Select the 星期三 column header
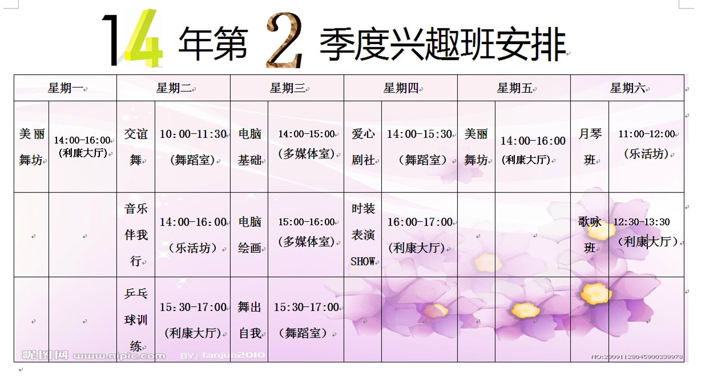[x=288, y=88]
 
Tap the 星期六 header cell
[x=627, y=88]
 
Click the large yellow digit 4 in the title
[x=144, y=38]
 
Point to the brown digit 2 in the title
[x=284, y=40]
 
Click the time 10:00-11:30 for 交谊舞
[x=193, y=134]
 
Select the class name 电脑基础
[x=249, y=147]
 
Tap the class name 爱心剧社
[x=363, y=147]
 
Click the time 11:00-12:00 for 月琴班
[x=647, y=134]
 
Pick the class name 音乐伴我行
[x=136, y=235]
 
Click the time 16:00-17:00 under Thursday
[x=420, y=222]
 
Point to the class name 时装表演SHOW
[x=363, y=235]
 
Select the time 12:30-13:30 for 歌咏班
[x=641, y=222]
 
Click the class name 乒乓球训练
[x=136, y=320]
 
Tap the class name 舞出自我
[x=249, y=320]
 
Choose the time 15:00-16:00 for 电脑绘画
[x=307, y=222]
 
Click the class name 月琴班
[x=590, y=147]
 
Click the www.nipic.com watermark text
[x=119, y=356]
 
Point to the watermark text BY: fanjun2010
[x=223, y=355]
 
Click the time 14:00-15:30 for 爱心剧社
[x=420, y=134]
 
